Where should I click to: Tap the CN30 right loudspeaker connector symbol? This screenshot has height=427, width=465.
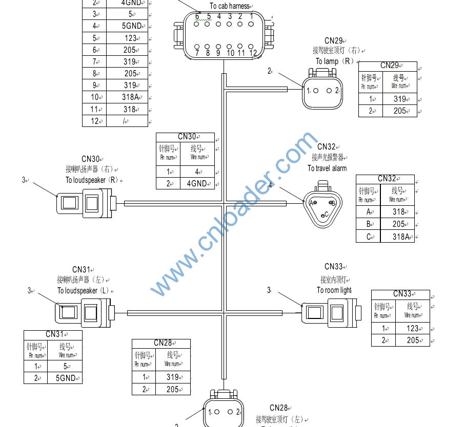(85, 203)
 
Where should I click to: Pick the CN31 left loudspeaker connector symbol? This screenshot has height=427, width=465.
(84, 312)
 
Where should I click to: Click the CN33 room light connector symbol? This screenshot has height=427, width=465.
(330, 312)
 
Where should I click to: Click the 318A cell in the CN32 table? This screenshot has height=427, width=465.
(397, 237)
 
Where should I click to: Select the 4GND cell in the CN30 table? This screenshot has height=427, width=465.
(197, 183)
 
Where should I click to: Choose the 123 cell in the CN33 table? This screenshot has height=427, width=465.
(413, 328)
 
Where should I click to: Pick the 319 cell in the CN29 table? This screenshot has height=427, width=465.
(400, 99)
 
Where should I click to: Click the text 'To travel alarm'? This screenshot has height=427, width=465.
(327, 168)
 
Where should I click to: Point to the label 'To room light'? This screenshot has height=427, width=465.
(334, 290)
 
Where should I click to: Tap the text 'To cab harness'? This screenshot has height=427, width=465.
(229, 6)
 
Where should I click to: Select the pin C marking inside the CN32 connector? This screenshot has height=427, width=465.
(325, 215)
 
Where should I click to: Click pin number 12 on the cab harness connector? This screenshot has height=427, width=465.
(253, 52)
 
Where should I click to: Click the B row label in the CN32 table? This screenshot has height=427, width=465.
(368, 224)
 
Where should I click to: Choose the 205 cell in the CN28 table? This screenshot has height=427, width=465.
(172, 389)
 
